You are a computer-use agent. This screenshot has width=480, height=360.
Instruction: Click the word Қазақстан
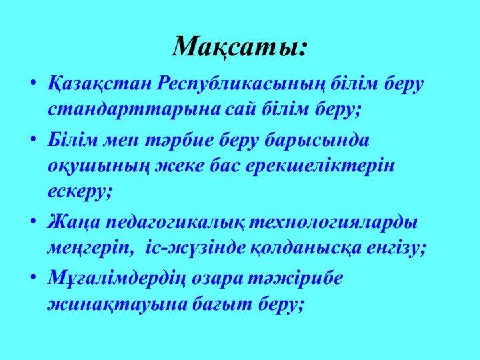pyautogui.click(x=99, y=84)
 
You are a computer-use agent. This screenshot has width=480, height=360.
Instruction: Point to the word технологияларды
pyautogui.click(x=333, y=222)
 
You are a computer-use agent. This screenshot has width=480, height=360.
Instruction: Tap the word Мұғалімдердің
pyautogui.click(x=116, y=279)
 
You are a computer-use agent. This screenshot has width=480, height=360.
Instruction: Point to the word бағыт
pyautogui.click(x=223, y=305)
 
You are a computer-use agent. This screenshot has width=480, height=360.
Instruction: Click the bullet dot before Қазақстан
pyautogui.click(x=34, y=83)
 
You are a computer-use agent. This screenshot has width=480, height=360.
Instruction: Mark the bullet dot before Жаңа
pyautogui.click(x=34, y=221)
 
